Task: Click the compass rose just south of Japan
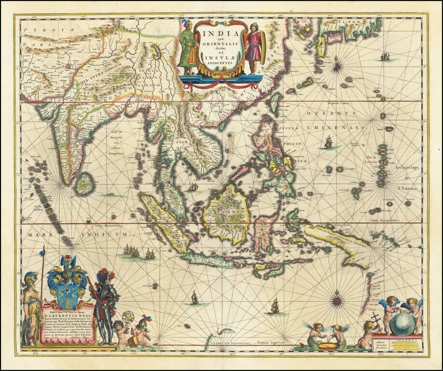pos(337,65)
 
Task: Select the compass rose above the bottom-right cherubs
pos(336,299)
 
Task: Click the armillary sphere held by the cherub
pos(128,317)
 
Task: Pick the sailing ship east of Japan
pos(385,57)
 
